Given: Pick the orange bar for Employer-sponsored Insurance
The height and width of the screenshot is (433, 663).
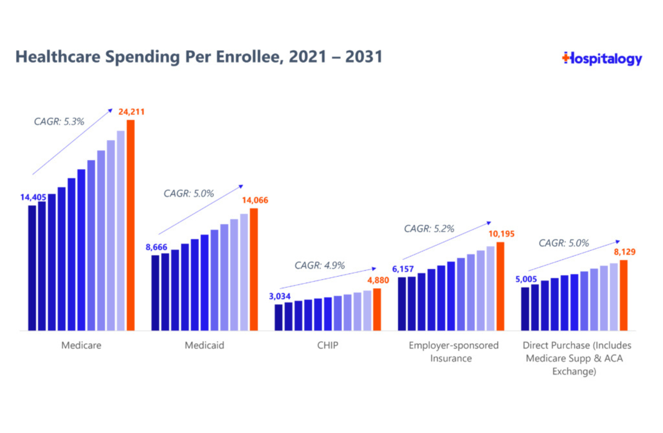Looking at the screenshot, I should click(x=500, y=286).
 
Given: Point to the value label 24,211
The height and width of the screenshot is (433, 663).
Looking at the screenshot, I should click(x=131, y=112).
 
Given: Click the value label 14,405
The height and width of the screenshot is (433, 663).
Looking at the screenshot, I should click(x=33, y=197).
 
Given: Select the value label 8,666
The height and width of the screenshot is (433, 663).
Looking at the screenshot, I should click(x=156, y=247).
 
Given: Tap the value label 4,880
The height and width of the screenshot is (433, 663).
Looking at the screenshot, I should click(x=378, y=280).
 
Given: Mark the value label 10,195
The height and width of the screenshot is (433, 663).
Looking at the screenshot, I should click(x=501, y=234).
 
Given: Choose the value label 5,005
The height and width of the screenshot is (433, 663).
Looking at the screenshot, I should click(x=526, y=279).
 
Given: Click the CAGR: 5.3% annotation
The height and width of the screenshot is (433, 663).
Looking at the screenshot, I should click(x=59, y=122).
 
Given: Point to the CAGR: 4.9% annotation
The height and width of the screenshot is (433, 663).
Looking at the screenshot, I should click(x=320, y=265).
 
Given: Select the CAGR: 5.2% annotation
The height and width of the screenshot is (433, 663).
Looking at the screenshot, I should click(x=429, y=229).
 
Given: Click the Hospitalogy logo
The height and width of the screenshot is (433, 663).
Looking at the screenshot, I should click(x=602, y=59).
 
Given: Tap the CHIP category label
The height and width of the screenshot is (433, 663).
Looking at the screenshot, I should click(x=328, y=345).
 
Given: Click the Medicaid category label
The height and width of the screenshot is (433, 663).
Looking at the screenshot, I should click(x=205, y=345).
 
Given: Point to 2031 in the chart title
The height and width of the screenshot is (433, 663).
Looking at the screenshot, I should click(x=363, y=57).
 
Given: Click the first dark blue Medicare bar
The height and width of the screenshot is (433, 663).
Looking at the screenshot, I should click(x=32, y=267).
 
